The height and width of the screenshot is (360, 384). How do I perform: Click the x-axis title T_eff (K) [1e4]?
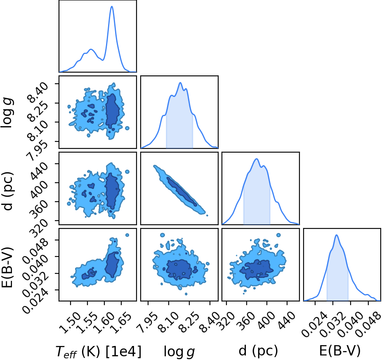[99, 352]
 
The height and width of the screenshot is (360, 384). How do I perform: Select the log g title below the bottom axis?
[179, 352]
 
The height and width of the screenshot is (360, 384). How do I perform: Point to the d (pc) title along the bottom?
[258, 351]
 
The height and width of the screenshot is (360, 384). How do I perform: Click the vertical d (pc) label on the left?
[7, 188]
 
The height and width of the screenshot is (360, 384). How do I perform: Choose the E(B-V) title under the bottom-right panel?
[340, 351]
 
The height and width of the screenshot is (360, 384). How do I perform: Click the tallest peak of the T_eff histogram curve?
[112, 6]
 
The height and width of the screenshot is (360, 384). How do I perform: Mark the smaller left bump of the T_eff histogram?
[91, 49]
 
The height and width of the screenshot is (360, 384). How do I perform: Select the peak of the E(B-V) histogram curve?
[337, 235]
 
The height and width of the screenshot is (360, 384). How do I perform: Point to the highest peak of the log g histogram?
[180, 83]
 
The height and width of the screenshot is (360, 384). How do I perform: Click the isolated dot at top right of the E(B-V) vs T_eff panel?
[127, 235]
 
